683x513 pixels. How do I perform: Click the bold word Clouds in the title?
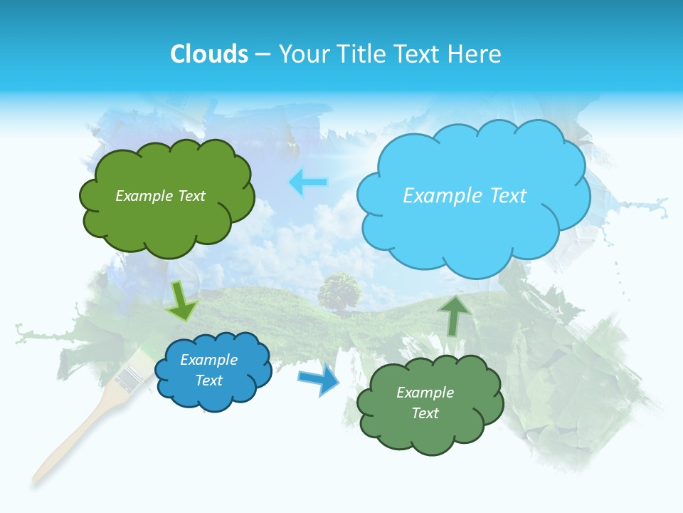click(209, 53)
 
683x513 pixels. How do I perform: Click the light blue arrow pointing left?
click(308, 183)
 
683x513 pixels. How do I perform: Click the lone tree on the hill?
click(339, 289)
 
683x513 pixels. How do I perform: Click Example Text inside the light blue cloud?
click(465, 196)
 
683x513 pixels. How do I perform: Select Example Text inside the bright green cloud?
click(160, 196)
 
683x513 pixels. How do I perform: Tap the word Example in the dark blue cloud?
click(208, 360)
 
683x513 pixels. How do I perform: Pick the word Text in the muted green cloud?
click(425, 413)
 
